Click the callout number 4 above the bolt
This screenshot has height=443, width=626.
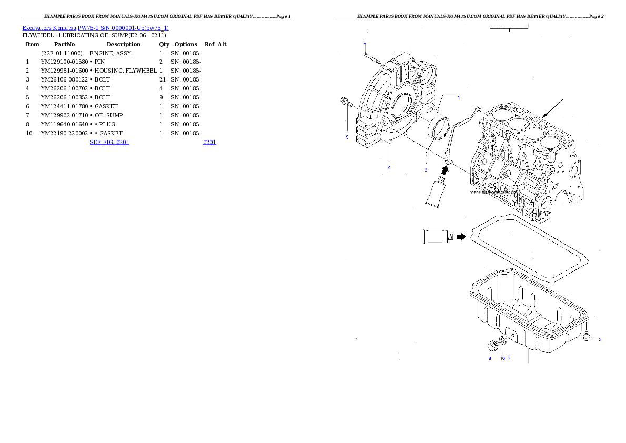[364, 42]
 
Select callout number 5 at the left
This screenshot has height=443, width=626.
[347, 137]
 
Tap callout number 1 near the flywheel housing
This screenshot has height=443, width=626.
[458, 97]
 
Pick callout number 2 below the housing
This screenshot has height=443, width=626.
[388, 167]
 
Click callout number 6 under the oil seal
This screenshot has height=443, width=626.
[426, 170]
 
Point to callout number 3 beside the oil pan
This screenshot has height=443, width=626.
[600, 339]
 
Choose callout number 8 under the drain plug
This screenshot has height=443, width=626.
[489, 358]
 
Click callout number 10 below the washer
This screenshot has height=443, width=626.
[502, 358]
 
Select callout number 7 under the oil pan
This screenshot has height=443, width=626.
[509, 358]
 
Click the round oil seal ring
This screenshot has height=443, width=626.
[440, 130]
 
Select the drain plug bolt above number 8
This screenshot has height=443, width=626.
[492, 346]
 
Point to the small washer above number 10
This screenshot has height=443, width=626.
[503, 342]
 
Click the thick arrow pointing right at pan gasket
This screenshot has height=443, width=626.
[461, 237]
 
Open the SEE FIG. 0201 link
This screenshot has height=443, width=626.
[109, 142]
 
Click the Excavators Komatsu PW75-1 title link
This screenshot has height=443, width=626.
[95, 28]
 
